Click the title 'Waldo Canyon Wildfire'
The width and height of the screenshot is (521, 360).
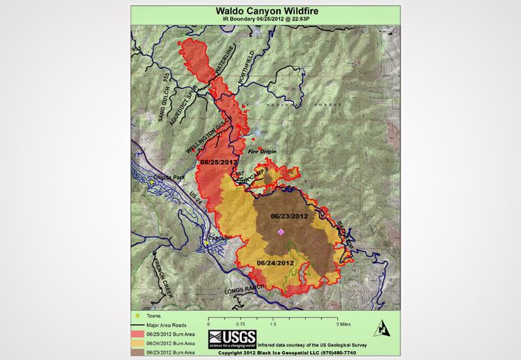tap(260, 12)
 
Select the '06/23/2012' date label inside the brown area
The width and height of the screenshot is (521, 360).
tap(289, 216)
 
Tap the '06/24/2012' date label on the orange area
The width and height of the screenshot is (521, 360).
tap(275, 263)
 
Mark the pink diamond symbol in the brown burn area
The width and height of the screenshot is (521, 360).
tap(281, 232)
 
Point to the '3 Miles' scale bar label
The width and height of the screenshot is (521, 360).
tap(345, 325)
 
